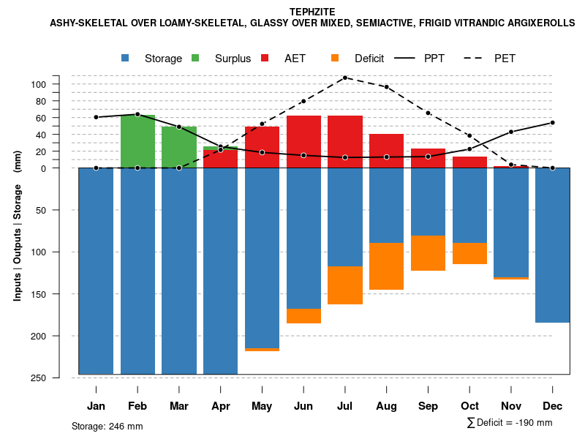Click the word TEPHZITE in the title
click(312, 12)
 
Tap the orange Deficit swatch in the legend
click(335, 58)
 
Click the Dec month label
click(552, 406)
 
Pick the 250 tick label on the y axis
click(58, 378)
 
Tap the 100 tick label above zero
click(58, 84)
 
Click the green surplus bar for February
click(137, 141)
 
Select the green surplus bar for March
click(179, 147)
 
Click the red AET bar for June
click(303, 142)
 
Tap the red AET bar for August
click(386, 151)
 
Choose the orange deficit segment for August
click(386, 266)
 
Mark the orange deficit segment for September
click(428, 253)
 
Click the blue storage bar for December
click(552, 245)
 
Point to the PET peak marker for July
click(345, 78)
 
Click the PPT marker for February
click(137, 114)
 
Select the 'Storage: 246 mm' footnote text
click(107, 426)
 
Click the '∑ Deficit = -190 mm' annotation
click(509, 423)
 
